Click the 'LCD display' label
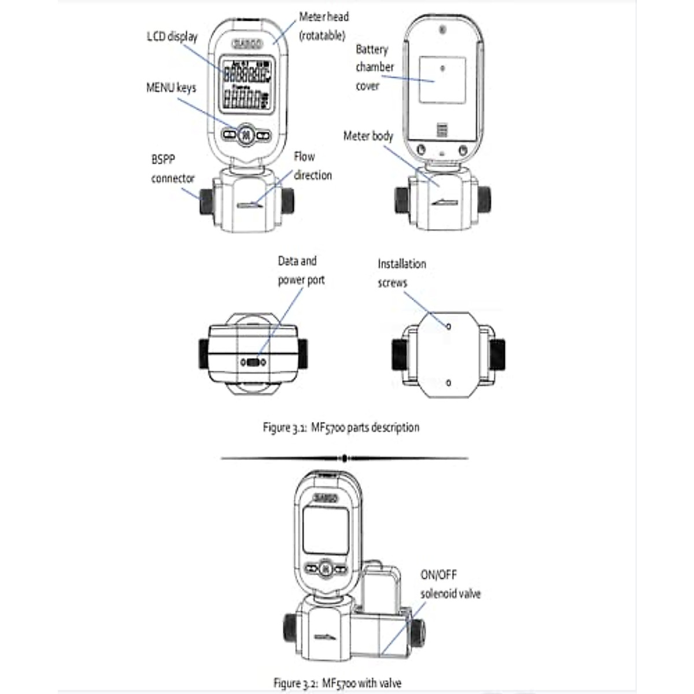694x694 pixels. click(172, 37)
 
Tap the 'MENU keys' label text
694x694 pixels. click(171, 88)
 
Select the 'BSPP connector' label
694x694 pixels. click(172, 169)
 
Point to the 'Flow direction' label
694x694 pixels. click(312, 166)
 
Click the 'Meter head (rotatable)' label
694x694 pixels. click(323, 26)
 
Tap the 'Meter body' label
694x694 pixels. click(368, 136)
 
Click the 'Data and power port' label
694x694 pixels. click(301, 271)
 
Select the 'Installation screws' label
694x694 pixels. click(401, 273)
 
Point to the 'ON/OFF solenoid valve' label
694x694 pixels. click(450, 584)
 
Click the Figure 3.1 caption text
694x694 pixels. click(341, 428)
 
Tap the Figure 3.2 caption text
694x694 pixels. click(337, 683)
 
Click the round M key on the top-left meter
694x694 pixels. click(246, 135)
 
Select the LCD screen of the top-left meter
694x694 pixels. click(247, 84)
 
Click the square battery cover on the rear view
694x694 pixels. click(442, 80)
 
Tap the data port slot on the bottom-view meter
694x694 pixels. click(253, 363)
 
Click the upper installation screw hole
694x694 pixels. click(449, 326)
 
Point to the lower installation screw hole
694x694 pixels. click(449, 383)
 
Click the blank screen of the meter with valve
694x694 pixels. click(326, 530)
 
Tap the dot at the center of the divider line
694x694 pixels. click(345, 459)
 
